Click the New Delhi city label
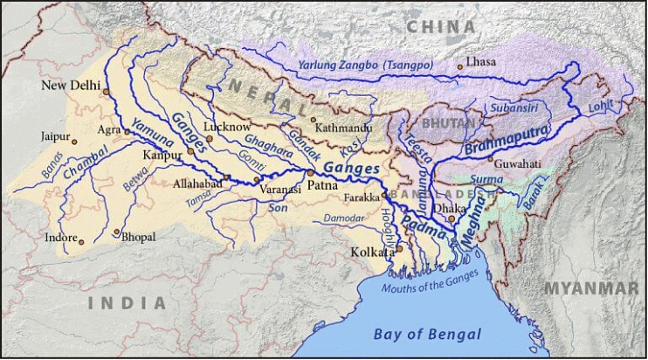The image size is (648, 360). pos(72,85)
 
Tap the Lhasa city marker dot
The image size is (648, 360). pos(460,66)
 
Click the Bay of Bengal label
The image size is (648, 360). pos(427,334)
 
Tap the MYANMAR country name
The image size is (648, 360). pos(591,288)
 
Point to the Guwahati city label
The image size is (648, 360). pos(517,163)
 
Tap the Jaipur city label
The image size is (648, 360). pos(53,136)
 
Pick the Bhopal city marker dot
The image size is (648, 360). pos(116,232)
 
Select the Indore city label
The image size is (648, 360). pos(60,237)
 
